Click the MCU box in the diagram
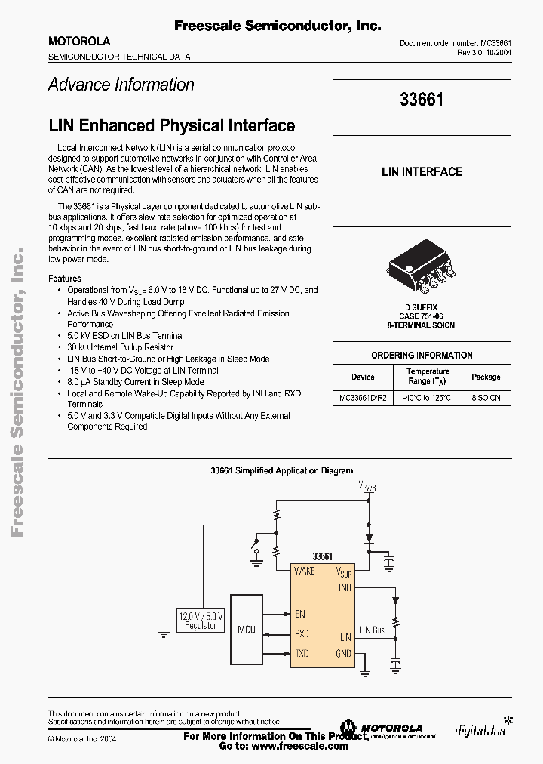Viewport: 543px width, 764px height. pyautogui.click(x=246, y=629)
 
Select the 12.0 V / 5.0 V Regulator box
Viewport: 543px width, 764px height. pyautogui.click(x=201, y=620)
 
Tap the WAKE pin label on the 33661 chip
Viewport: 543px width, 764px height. pyautogui.click(x=304, y=571)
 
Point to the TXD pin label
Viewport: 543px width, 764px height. pyautogui.click(x=302, y=653)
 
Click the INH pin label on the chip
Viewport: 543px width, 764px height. pyautogui.click(x=345, y=587)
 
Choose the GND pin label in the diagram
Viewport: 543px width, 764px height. pyautogui.click(x=343, y=653)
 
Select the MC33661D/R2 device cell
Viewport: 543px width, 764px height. pyautogui.click(x=363, y=397)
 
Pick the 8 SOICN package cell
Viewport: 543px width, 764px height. pyautogui.click(x=486, y=397)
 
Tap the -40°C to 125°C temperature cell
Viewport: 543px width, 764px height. pyautogui.click(x=428, y=397)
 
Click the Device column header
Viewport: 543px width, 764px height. pyautogui.click(x=363, y=377)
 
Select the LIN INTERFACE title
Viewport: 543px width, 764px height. pyautogui.click(x=422, y=171)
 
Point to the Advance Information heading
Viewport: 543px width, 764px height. pyautogui.click(x=121, y=85)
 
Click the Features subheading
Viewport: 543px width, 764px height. pyautogui.click(x=65, y=279)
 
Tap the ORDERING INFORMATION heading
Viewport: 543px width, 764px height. pyautogui.click(x=422, y=355)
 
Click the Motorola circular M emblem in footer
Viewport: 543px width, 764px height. pyautogui.click(x=348, y=729)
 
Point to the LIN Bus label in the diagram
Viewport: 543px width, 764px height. pyautogui.click(x=373, y=629)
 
